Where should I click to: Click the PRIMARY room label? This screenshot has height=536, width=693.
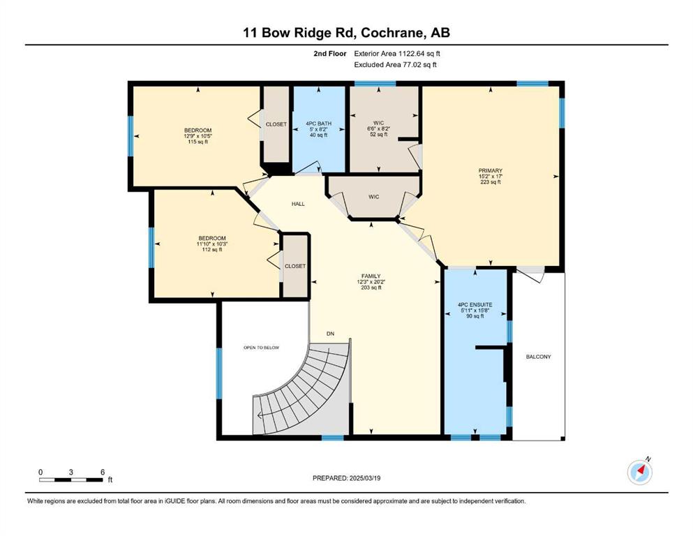coord(490,170)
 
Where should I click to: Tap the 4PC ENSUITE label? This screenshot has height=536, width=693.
coord(475,305)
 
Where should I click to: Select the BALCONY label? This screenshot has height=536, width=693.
coord(538,357)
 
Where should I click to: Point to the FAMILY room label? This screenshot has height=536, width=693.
coord(371,276)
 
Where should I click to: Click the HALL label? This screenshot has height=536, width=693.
coord(298,204)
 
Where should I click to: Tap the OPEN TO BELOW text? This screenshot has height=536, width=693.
coord(261,348)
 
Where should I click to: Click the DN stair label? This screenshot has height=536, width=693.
coord(330,334)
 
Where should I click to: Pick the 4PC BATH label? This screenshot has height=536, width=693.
coord(318,124)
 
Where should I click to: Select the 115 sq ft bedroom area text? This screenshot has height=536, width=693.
coord(198,142)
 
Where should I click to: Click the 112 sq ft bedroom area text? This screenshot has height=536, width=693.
coord(212,250)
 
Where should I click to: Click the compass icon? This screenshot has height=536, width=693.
coord(639,472)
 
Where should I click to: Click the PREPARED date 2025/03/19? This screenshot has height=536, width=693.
coord(364,478)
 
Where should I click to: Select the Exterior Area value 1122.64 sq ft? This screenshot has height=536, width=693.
coord(419,54)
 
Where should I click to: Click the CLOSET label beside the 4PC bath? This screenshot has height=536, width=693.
coord(276,124)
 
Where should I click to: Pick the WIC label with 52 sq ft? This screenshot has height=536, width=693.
coord(379,123)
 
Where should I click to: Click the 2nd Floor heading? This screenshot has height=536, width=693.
coord(329,54)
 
